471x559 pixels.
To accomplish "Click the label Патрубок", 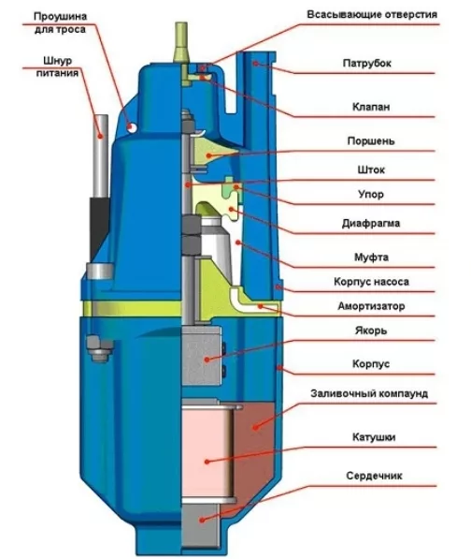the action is pyautogui.click(x=366, y=63).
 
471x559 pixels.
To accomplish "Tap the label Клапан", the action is pyautogui.click(x=371, y=106).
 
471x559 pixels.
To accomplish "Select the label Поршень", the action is pyautogui.click(x=371, y=140).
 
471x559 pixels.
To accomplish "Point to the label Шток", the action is pyautogui.click(x=371, y=169).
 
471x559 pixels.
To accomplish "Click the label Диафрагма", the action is pyautogui.click(x=371, y=224).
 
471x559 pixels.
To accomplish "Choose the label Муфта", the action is pyautogui.click(x=371, y=257).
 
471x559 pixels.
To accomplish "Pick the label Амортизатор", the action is pyautogui.click(x=371, y=306).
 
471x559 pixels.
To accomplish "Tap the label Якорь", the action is pyautogui.click(x=371, y=331).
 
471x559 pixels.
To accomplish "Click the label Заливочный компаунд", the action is pyautogui.click(x=369, y=393).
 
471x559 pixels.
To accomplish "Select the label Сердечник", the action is pyautogui.click(x=374, y=476).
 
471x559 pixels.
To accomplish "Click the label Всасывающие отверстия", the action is pyautogui.click(x=372, y=15).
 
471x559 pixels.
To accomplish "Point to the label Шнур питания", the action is pyautogui.click(x=57, y=66).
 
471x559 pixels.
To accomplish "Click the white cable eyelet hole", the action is pyautogui.click(x=132, y=127).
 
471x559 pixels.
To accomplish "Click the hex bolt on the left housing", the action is pyautogui.click(x=100, y=349).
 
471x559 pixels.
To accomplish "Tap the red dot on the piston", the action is pyautogui.click(x=208, y=155).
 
